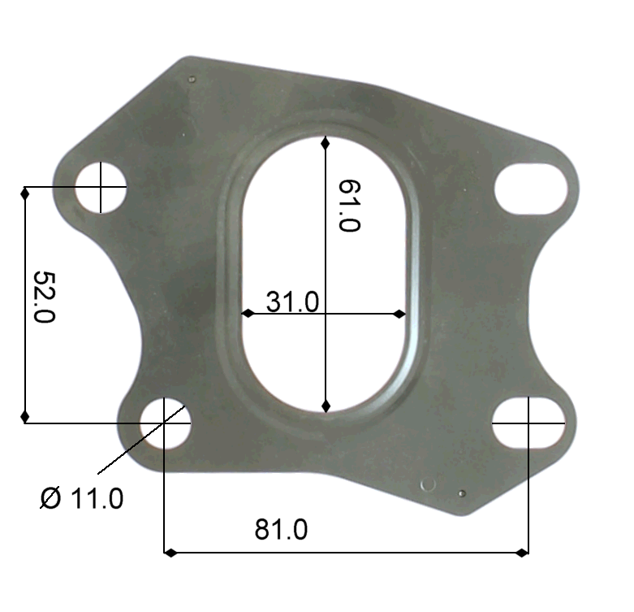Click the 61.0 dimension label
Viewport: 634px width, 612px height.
click(x=348, y=206)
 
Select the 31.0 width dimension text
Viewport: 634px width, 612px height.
click(x=292, y=302)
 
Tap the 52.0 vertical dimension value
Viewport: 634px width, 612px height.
click(x=44, y=297)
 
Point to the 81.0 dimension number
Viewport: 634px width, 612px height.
click(x=281, y=529)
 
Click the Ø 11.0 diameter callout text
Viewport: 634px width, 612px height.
click(x=82, y=497)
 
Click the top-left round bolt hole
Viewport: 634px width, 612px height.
click(x=101, y=187)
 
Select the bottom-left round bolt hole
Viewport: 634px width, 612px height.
click(x=165, y=423)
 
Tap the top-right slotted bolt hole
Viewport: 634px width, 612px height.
click(x=531, y=189)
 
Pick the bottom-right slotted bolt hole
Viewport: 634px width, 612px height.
click(x=528, y=423)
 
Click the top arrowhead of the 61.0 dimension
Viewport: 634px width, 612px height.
click(x=326, y=142)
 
